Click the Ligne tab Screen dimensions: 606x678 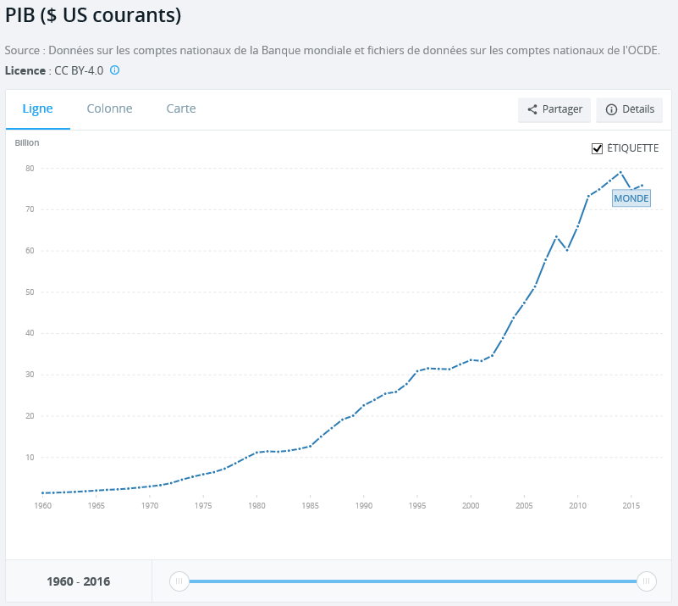[37, 108]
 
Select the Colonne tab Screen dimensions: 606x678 [109, 108]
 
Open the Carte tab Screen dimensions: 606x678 [181, 108]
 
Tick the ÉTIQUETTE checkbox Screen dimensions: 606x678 [598, 148]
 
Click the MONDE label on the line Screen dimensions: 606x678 [631, 198]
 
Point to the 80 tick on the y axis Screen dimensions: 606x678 [29, 168]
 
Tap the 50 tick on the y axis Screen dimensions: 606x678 [29, 292]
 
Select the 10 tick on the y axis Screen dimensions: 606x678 [29, 458]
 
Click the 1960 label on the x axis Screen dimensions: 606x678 [42, 506]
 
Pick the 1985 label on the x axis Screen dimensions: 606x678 [310, 506]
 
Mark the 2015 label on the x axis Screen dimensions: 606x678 [631, 506]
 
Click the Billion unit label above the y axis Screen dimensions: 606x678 [27, 142]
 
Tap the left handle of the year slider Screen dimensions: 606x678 [179, 581]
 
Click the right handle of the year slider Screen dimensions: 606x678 [646, 581]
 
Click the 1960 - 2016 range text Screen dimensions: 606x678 [79, 582]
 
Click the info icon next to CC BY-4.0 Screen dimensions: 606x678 [115, 70]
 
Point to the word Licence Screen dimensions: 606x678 [25, 70]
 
